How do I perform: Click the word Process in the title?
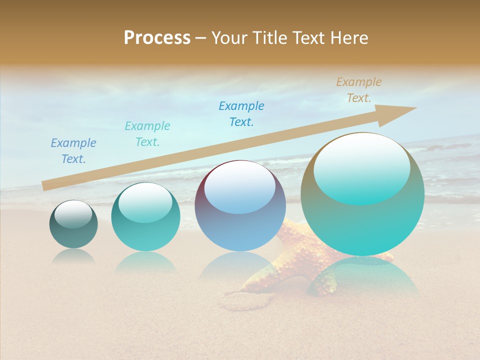[x=157, y=38]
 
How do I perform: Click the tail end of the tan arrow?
[x=44, y=185]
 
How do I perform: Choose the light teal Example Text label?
[x=147, y=133]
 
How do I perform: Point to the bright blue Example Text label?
[x=241, y=113]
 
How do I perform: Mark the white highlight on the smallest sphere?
[x=73, y=213]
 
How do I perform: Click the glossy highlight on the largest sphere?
[x=362, y=167]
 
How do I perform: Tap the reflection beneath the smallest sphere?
[x=73, y=256]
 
